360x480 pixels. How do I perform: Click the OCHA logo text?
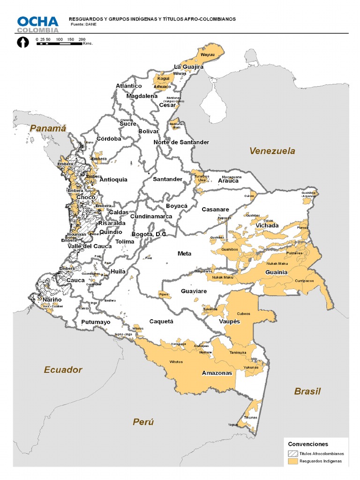(38, 22)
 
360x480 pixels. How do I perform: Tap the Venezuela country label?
(272, 151)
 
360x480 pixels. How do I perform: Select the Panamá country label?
(47, 128)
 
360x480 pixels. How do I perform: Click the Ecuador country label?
(63, 370)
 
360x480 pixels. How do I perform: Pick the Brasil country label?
(307, 391)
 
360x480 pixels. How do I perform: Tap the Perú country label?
(143, 422)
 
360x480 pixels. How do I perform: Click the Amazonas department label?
(217, 374)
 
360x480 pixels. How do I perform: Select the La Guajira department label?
(188, 67)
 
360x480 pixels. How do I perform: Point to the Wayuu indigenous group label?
(207, 55)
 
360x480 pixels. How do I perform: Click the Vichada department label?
(267, 225)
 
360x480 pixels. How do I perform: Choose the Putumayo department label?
(96, 322)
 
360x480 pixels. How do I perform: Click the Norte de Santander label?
(181, 142)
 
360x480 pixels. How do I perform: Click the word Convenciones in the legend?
(308, 444)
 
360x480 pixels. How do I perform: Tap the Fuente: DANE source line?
(83, 24)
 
